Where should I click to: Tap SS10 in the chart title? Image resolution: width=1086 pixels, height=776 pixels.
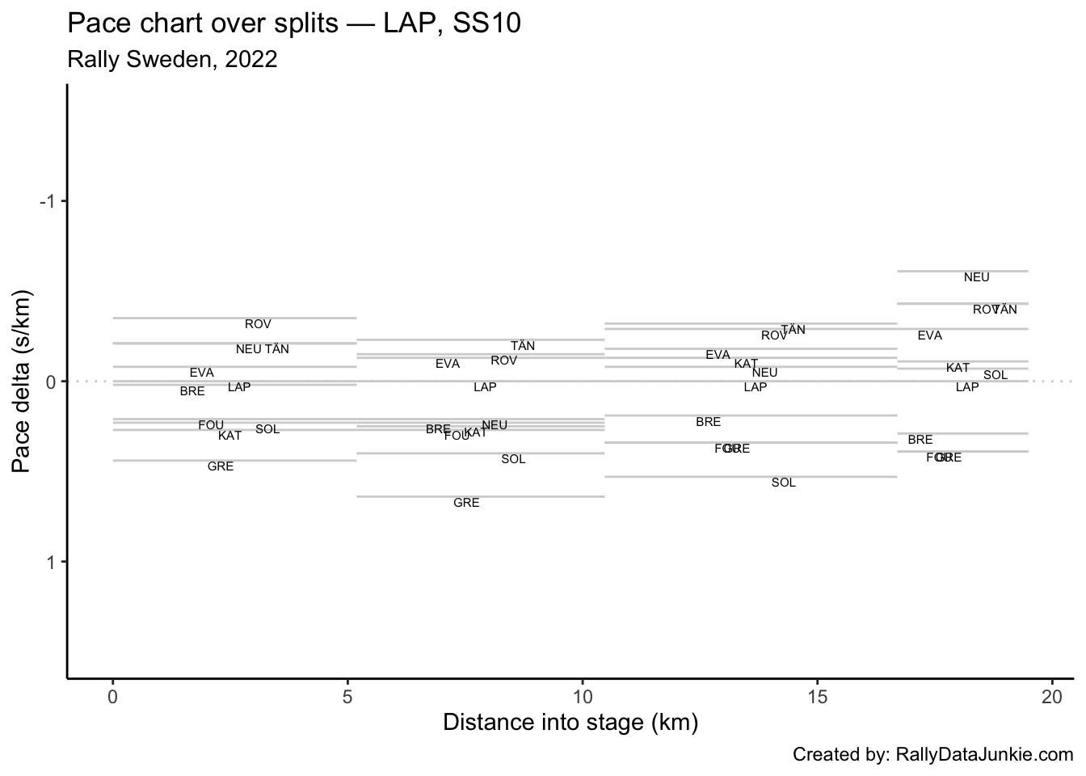pyautogui.click(x=487, y=23)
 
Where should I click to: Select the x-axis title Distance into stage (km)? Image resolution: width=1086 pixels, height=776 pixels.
pyautogui.click(x=570, y=722)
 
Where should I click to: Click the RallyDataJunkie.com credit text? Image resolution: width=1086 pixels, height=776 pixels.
pyautogui.click(x=984, y=755)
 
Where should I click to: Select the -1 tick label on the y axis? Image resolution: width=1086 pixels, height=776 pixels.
pyautogui.click(x=48, y=201)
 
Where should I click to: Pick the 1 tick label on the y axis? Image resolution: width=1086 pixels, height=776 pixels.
pyautogui.click(x=52, y=562)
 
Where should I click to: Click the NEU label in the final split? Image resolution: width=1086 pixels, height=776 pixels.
pyautogui.click(x=976, y=277)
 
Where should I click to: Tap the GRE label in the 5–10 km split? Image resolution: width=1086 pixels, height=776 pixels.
pyautogui.click(x=466, y=503)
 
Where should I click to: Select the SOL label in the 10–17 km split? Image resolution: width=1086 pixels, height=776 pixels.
pyautogui.click(x=783, y=483)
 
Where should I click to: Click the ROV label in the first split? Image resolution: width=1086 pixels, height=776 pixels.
pyautogui.click(x=258, y=324)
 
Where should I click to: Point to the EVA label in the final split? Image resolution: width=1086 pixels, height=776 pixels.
pyautogui.click(x=929, y=335)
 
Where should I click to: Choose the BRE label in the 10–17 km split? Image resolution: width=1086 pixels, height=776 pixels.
pyautogui.click(x=708, y=422)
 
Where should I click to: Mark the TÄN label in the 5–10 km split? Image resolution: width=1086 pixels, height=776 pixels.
pyautogui.click(x=523, y=346)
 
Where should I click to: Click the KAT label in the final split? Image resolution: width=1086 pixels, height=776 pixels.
pyautogui.click(x=958, y=368)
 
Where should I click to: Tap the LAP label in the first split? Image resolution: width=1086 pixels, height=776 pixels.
pyautogui.click(x=239, y=387)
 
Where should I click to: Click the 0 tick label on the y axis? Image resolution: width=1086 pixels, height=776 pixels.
pyautogui.click(x=52, y=382)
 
